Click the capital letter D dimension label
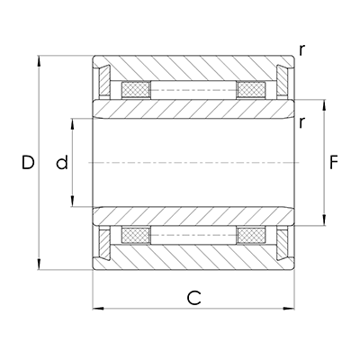point(28,163)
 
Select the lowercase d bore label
point(61,163)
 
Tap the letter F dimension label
point(334,163)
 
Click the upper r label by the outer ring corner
point(302,50)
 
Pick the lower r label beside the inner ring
point(302,123)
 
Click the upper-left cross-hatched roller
point(135,90)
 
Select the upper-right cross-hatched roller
point(251,90)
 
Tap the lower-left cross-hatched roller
point(135,236)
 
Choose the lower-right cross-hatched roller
point(251,236)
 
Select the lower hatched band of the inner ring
point(193,217)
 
